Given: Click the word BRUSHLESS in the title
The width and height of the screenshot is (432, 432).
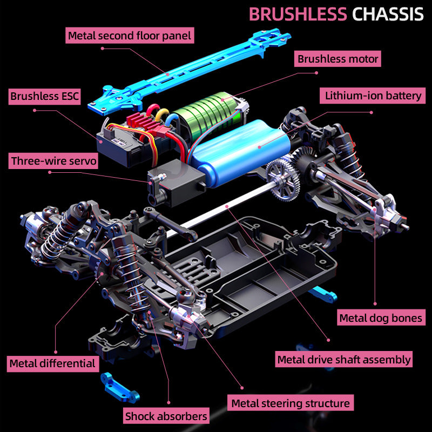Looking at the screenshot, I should pos(298,14).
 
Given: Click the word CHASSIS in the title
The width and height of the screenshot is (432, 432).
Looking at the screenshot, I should pos(388,14).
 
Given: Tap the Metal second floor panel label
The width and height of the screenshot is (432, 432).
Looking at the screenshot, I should pos(130,36).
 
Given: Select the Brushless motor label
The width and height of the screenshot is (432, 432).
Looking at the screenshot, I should pos(338,58).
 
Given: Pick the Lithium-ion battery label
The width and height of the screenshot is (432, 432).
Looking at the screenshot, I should pos(373,96).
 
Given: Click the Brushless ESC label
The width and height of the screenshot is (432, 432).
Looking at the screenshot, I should pos(45,97).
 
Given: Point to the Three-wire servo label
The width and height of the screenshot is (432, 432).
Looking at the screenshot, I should pos(53,161).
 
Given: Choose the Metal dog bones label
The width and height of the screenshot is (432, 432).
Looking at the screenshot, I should pos(380,318).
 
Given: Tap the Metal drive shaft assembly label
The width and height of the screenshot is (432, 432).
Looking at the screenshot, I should pos(344,359).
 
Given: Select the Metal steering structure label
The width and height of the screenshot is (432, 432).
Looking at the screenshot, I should pos(291,403).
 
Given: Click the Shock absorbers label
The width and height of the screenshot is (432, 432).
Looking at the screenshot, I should pos(166,416).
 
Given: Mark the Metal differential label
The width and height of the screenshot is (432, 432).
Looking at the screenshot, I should pos(52,363).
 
